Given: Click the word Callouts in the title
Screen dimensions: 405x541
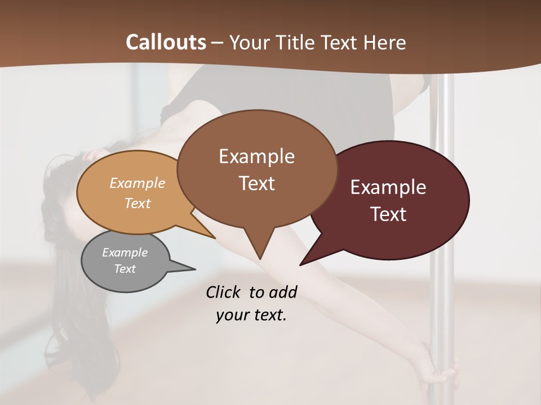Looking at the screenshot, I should (x=166, y=42).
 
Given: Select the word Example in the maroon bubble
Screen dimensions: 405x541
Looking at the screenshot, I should (x=388, y=187).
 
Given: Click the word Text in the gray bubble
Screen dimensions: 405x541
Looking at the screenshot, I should (x=125, y=269).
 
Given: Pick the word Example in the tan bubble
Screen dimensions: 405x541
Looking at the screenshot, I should (x=138, y=183).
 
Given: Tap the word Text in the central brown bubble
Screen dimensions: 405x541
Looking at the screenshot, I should (x=257, y=183).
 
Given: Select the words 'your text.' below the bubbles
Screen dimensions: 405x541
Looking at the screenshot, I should (x=251, y=316).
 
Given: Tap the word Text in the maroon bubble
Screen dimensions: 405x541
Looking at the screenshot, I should (x=389, y=214).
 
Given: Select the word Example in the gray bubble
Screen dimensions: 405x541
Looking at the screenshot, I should (x=125, y=253).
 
